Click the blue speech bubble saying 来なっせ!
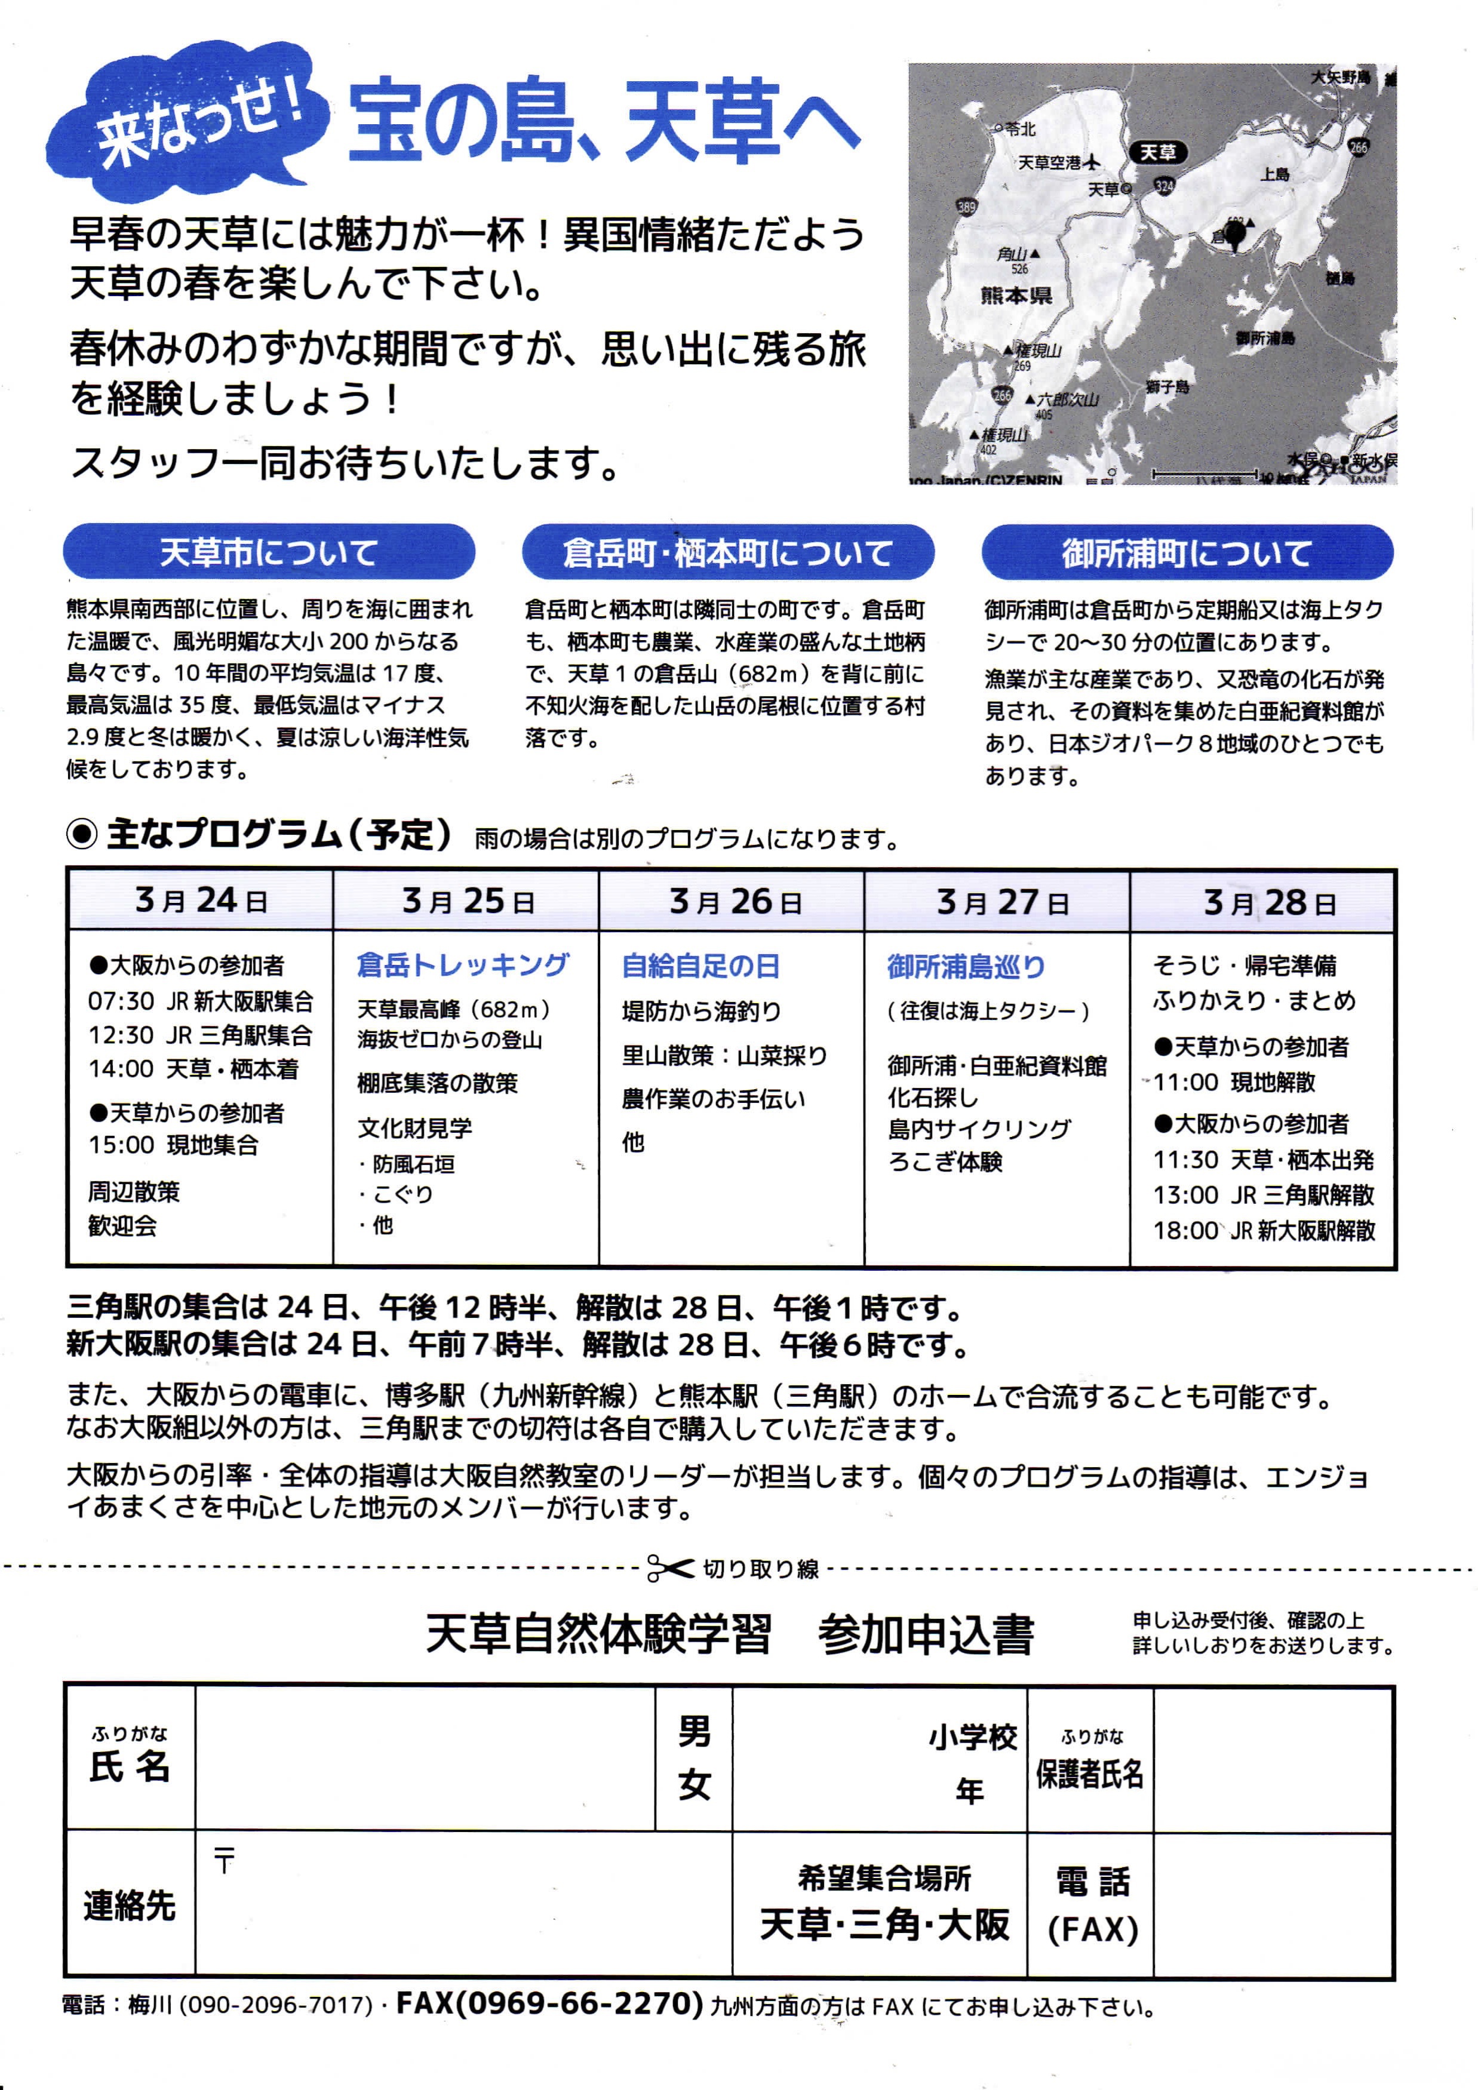pyautogui.click(x=186, y=118)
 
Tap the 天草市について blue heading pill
pyautogui.click(x=269, y=552)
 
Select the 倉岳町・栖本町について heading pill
pyautogui.click(x=727, y=552)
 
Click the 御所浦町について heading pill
pyautogui.click(x=1186, y=552)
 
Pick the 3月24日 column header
pyautogui.click(x=200, y=900)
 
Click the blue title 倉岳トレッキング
pyautogui.click(x=462, y=965)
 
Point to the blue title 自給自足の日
pyautogui.click(x=700, y=966)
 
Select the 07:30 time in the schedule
pyautogui.click(x=121, y=1001)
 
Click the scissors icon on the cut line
pyautogui.click(x=670, y=1568)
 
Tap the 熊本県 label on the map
pyautogui.click(x=1016, y=295)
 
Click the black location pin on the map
pyautogui.click(x=1234, y=235)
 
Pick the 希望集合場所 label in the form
pyautogui.click(x=884, y=1878)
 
